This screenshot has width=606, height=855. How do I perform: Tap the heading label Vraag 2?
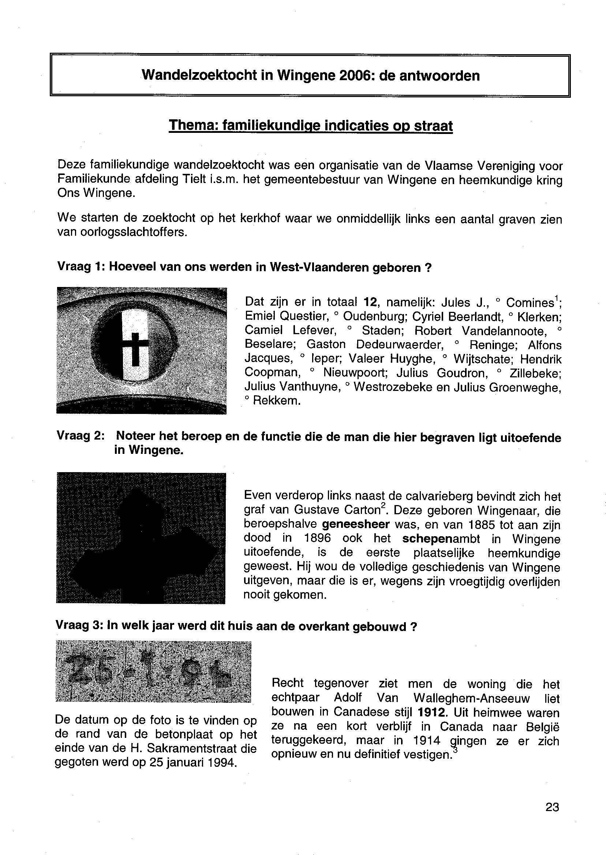(x=80, y=436)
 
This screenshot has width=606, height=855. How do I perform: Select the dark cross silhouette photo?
(x=141, y=538)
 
